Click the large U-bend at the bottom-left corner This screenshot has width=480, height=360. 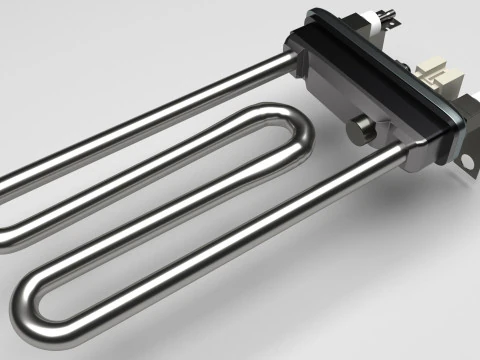30,305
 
